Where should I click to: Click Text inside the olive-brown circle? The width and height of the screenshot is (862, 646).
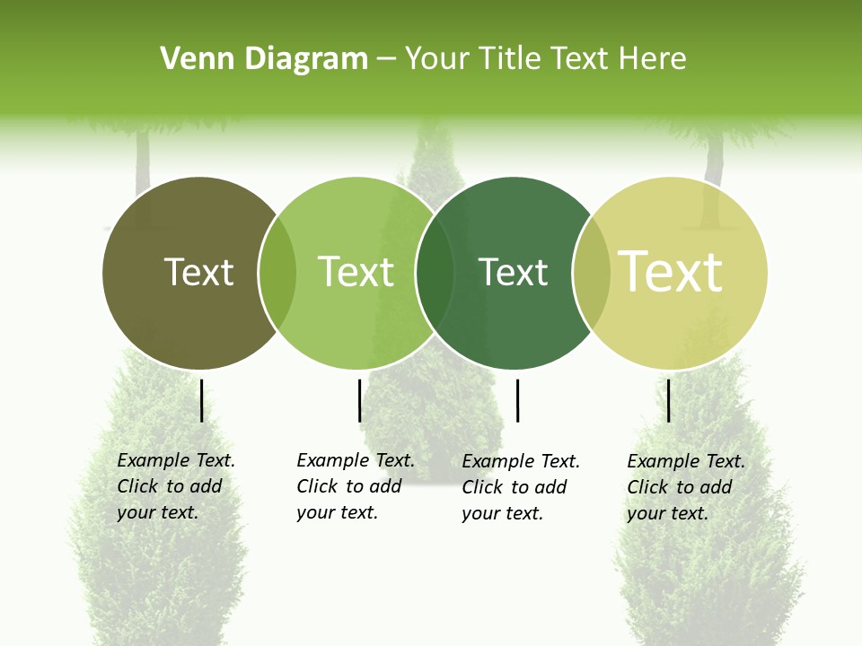click(x=198, y=272)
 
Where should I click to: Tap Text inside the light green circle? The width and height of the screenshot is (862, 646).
click(x=356, y=272)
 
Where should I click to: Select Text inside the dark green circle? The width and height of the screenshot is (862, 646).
click(x=513, y=272)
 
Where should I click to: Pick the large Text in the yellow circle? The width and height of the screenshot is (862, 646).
click(x=671, y=272)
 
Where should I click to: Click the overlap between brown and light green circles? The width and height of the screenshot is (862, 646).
click(x=277, y=273)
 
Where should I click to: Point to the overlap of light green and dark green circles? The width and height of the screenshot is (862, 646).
click(x=435, y=273)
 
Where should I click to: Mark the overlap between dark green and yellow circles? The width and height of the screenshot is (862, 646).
click(x=591, y=273)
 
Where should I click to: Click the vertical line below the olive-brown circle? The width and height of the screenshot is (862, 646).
click(x=201, y=400)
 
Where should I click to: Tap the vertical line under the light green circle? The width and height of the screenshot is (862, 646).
click(x=359, y=400)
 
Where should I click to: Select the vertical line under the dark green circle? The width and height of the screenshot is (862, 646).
click(x=517, y=400)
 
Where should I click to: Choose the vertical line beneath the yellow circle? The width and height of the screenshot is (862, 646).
click(x=669, y=400)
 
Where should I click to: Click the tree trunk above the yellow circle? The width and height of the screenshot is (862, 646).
click(x=714, y=161)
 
